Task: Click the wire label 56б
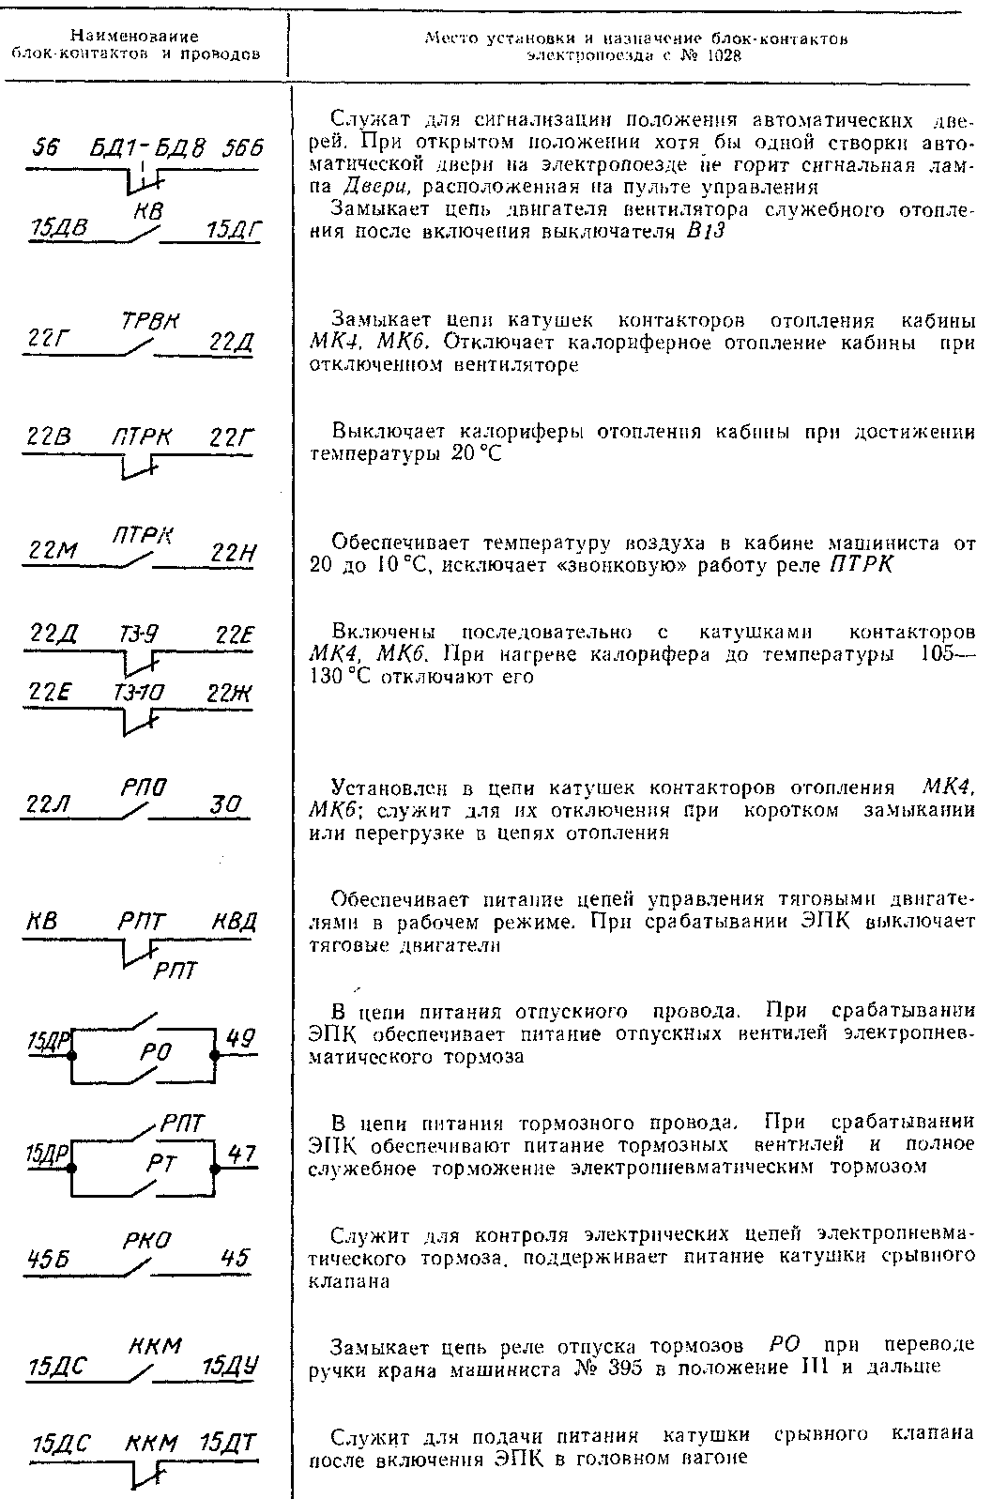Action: click(243, 150)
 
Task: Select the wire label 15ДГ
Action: click(233, 231)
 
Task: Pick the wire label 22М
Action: click(53, 553)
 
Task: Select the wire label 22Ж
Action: click(231, 693)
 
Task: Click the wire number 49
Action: click(240, 1038)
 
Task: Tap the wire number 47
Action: click(242, 1154)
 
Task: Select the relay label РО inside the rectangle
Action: click(154, 1053)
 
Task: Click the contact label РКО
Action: click(146, 1241)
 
